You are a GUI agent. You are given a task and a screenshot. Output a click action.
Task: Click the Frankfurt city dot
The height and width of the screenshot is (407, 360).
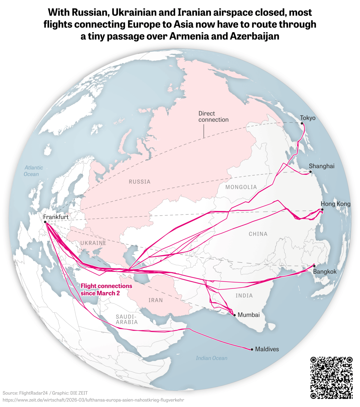click(45, 222)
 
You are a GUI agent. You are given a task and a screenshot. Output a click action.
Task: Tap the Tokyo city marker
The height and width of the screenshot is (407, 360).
click(302, 123)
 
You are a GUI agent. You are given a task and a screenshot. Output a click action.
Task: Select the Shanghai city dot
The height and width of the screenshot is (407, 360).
click(310, 172)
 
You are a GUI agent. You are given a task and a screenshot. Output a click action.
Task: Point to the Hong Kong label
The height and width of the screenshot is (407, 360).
click(335, 204)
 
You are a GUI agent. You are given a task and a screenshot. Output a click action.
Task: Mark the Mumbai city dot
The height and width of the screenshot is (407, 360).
click(234, 315)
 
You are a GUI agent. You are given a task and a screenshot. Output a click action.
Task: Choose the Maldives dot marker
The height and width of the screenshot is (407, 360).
click(252, 349)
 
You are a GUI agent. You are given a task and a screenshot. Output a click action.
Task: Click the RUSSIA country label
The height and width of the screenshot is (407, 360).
click(139, 182)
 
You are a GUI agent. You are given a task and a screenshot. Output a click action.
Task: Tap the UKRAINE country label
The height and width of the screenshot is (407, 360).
click(93, 243)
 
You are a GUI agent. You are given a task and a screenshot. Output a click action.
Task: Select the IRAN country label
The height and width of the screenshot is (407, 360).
click(156, 300)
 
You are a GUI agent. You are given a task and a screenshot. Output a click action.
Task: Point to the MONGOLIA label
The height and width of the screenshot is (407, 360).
click(241, 187)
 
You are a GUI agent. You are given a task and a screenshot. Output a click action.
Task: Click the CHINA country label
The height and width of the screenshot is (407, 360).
click(258, 234)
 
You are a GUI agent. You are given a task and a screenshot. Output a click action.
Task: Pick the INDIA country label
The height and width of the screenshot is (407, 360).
click(244, 295)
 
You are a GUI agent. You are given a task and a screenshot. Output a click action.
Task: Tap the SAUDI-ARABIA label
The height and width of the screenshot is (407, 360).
click(127, 319)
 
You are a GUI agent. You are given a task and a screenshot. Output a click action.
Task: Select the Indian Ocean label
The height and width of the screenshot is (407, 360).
click(212, 358)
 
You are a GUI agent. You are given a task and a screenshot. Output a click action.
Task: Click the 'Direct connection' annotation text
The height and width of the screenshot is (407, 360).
click(213, 117)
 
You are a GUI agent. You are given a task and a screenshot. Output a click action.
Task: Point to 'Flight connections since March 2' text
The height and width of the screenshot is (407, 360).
click(106, 289)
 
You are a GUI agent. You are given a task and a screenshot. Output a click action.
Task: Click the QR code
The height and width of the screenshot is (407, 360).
click(331, 378)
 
